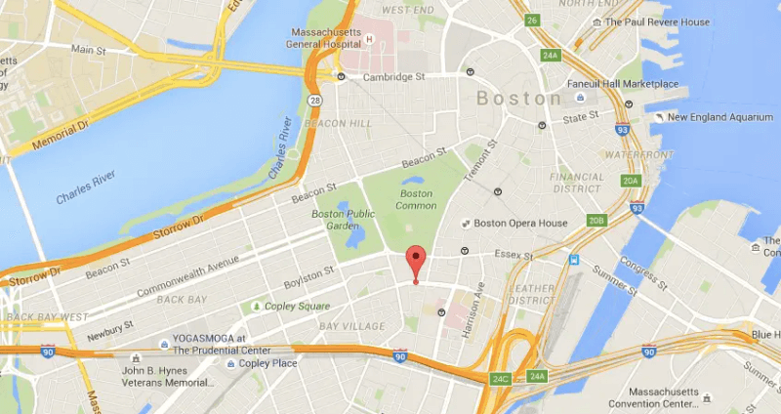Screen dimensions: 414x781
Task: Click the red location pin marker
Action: [x=416, y=263]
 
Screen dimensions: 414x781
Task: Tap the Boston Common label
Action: [x=416, y=199]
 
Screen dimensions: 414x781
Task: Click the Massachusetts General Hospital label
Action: [x=322, y=37]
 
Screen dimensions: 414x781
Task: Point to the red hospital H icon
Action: [x=370, y=39]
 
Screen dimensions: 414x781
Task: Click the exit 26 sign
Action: [x=530, y=20]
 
